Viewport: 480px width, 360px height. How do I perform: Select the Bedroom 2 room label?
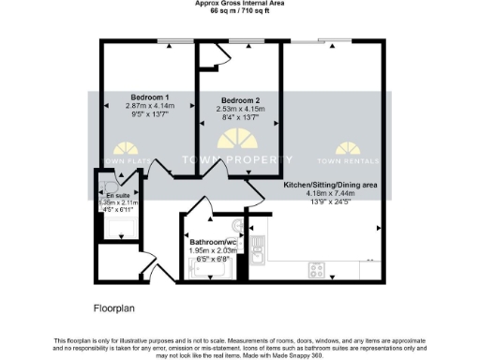pyautogui.click(x=240, y=100)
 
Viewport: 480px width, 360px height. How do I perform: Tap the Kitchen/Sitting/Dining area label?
pyautogui.click(x=330, y=186)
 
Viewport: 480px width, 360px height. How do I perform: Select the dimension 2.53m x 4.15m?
pyautogui.click(x=240, y=110)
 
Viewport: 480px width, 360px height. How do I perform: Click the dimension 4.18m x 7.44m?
pyautogui.click(x=330, y=194)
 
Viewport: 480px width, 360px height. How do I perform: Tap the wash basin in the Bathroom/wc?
pyautogui.click(x=237, y=228)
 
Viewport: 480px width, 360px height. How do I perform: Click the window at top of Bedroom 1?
pyautogui.click(x=170, y=40)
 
